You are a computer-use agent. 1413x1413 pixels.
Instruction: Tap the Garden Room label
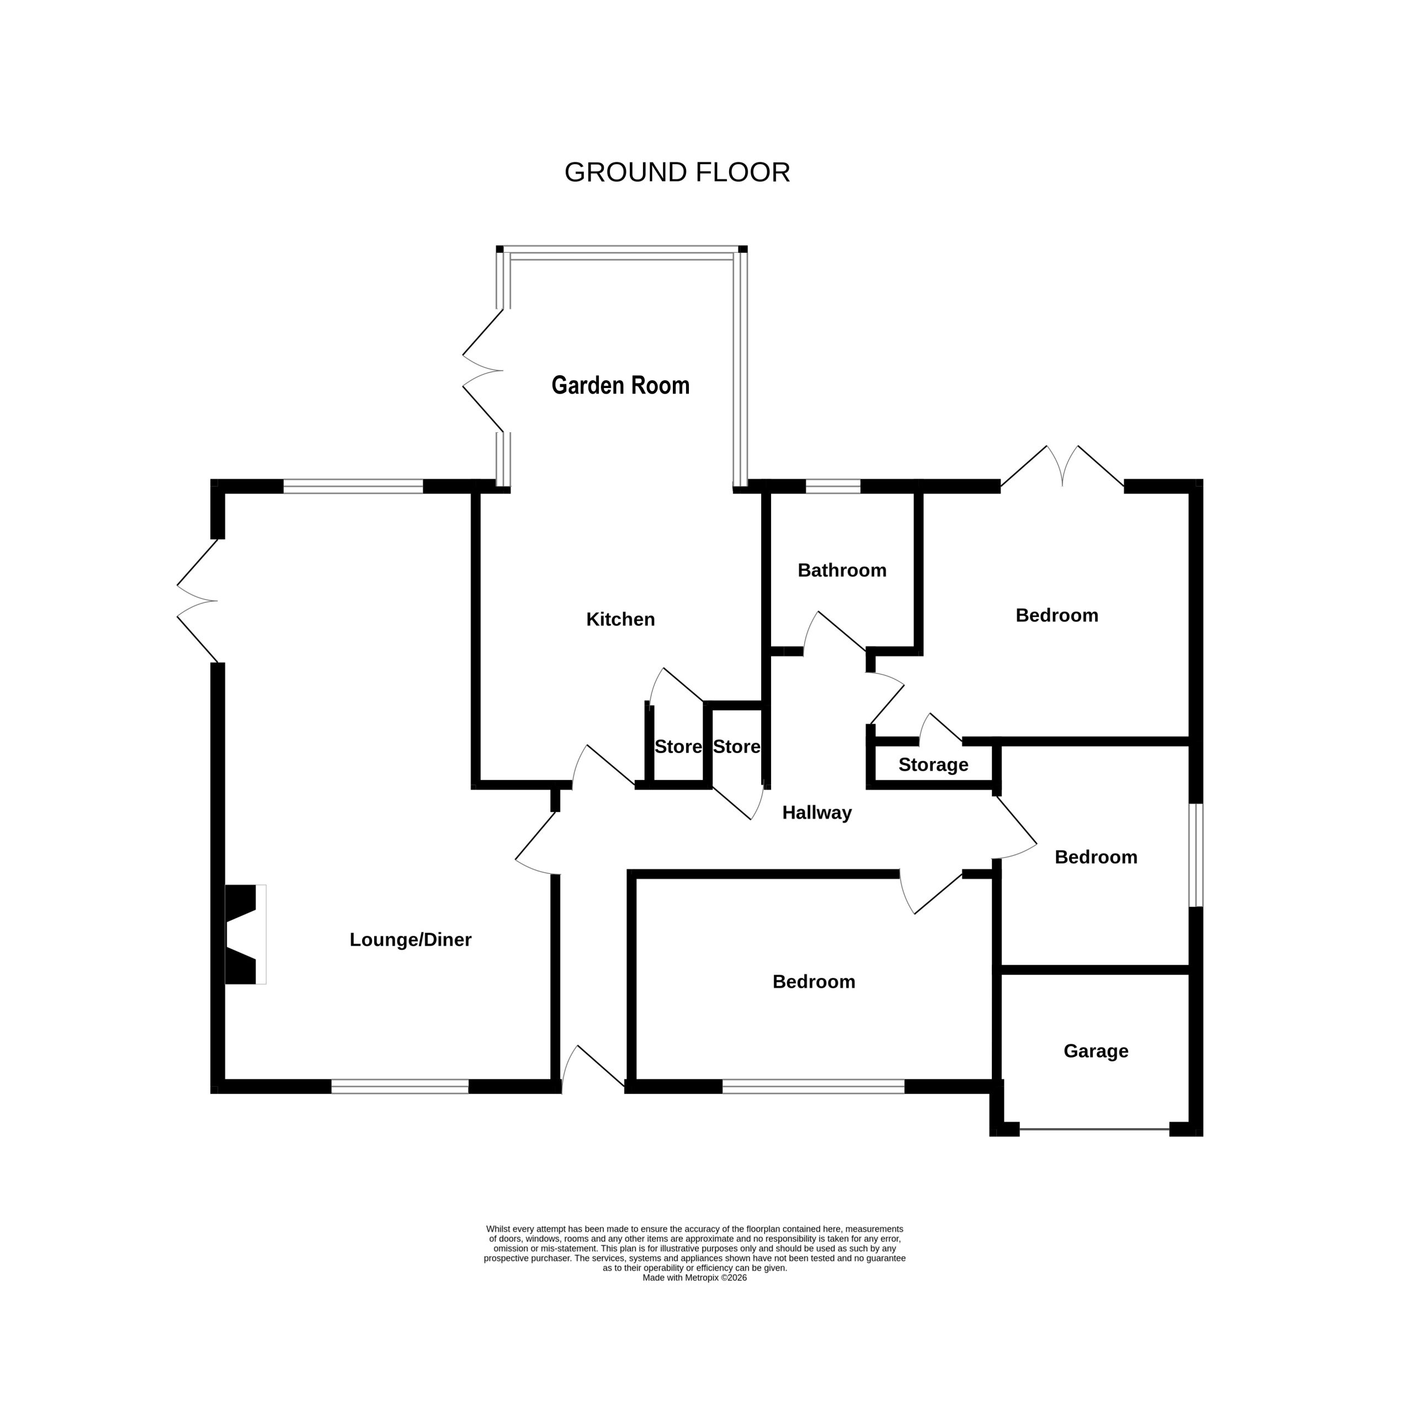coord(620,385)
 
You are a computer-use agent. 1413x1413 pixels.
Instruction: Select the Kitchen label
coord(620,619)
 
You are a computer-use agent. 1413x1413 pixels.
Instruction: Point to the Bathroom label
coord(842,571)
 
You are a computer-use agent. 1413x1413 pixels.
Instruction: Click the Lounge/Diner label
coord(410,940)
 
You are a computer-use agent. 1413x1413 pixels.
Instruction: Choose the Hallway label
coord(817,813)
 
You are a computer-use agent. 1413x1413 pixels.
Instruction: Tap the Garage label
coord(1096,1051)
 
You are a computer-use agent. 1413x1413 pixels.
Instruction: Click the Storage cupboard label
coord(933,765)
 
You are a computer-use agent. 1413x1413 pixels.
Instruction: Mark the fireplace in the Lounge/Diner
coord(245,934)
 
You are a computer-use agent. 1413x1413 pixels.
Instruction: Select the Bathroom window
coord(833,486)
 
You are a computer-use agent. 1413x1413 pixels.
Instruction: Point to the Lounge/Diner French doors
coord(198,601)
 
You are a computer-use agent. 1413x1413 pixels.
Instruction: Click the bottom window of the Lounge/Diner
coord(400,1087)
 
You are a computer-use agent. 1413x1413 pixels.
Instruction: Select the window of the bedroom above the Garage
coord(1196,855)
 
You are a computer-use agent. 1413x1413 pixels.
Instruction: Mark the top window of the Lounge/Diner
coord(353,486)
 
